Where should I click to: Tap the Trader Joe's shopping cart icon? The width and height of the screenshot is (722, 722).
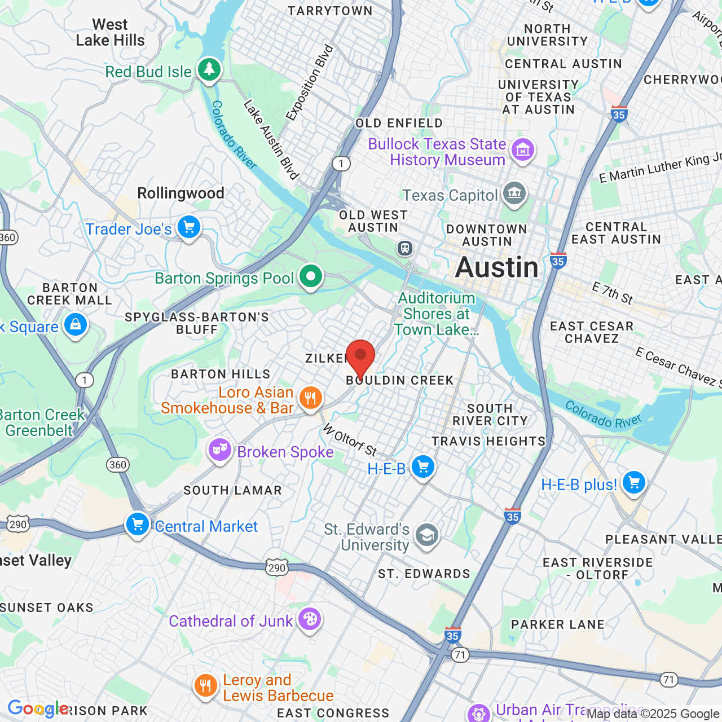(x=189, y=227)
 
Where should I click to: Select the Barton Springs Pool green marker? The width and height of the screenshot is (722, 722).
(x=310, y=276)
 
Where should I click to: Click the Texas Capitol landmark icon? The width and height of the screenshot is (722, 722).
(x=514, y=194)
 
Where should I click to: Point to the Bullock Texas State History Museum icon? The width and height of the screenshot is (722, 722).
(x=523, y=150)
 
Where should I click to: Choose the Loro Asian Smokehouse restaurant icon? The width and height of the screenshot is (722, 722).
(x=310, y=398)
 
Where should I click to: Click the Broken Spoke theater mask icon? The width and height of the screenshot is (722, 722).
(x=220, y=450)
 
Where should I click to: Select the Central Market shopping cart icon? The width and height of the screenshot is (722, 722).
(x=138, y=525)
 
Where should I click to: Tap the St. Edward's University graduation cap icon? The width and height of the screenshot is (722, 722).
(x=427, y=535)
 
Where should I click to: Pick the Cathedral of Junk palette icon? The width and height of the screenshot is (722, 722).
(x=309, y=619)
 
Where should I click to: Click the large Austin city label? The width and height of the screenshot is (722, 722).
(x=497, y=267)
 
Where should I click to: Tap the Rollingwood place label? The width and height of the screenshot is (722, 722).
(x=180, y=193)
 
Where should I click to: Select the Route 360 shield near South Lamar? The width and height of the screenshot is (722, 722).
(x=118, y=465)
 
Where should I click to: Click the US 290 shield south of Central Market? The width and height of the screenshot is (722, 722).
(x=277, y=567)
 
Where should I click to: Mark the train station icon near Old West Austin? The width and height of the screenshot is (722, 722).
(x=404, y=248)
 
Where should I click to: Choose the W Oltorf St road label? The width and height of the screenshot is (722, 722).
(x=349, y=439)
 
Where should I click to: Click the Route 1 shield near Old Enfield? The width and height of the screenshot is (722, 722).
(x=341, y=164)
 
